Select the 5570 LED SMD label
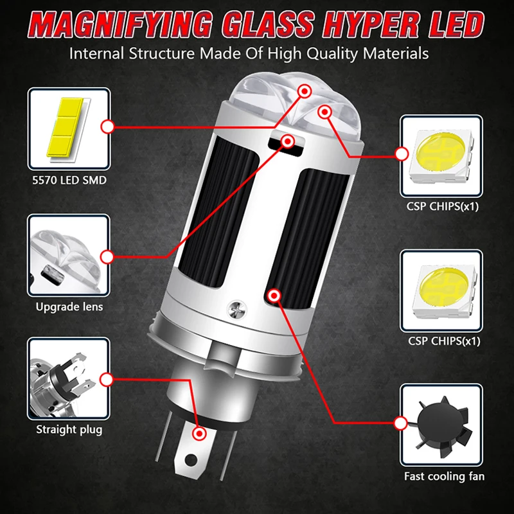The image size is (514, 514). [x=69, y=181]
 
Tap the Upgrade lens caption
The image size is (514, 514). [x=69, y=306]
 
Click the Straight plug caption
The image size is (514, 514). [x=69, y=429]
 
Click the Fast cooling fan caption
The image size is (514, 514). [x=444, y=476]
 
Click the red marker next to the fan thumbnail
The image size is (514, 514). [x=401, y=423]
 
